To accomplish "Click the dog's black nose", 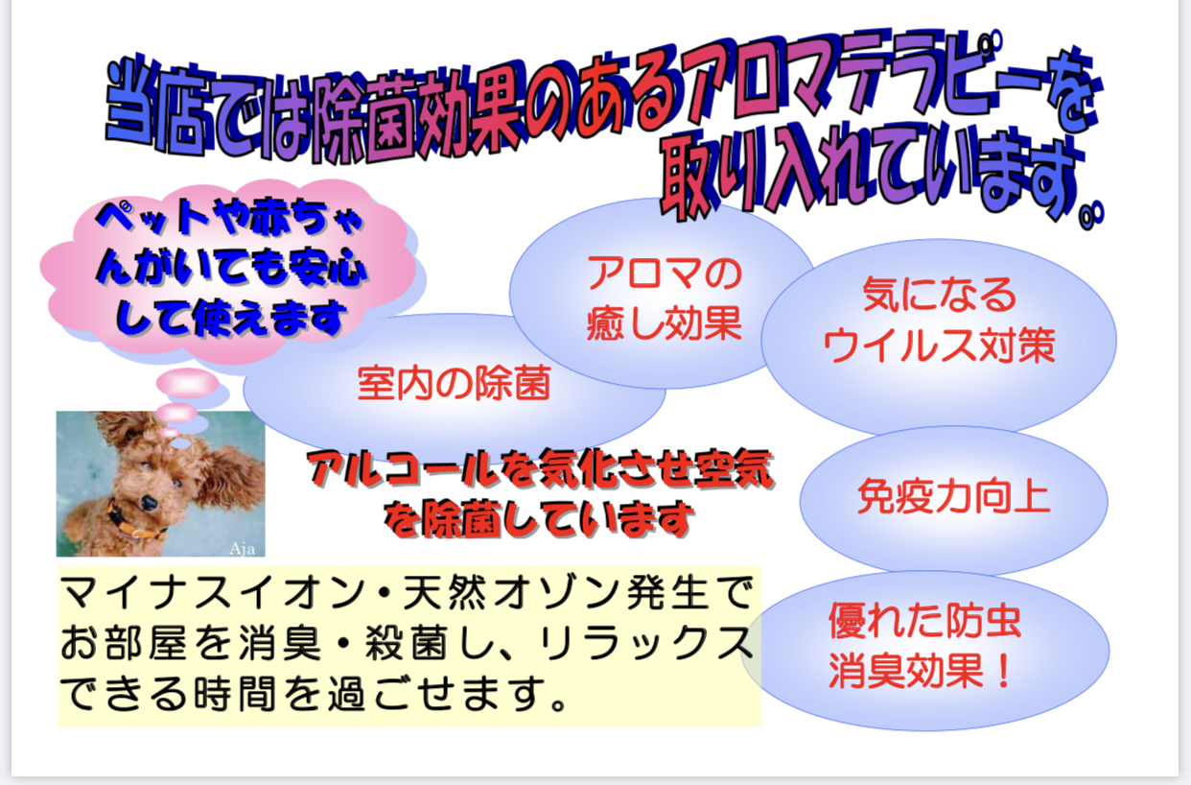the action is (148, 503).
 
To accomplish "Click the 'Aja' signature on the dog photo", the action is (243, 548).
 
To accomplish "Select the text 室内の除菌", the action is (454, 383).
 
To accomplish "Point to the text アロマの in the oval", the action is (665, 273).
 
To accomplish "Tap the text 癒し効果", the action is (665, 323).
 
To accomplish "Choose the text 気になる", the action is (940, 295).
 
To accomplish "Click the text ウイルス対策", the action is (940, 345).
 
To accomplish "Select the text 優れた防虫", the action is (925, 621).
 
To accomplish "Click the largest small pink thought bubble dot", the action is (188, 383).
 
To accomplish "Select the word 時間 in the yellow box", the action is (235, 694).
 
